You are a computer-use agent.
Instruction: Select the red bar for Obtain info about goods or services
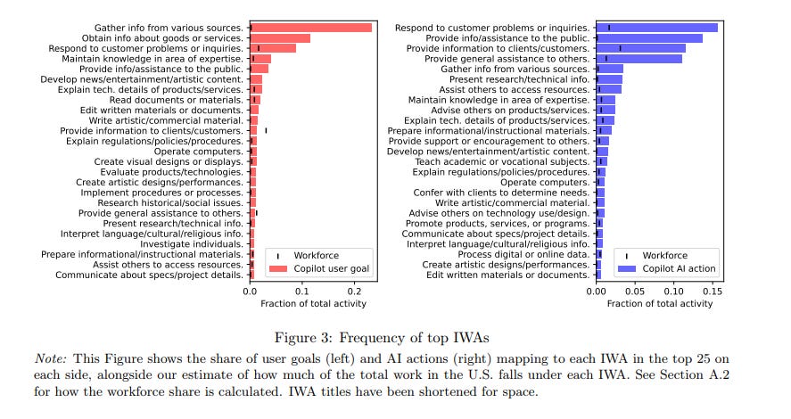point(280,38)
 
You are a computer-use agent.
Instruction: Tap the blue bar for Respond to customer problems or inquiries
point(656,28)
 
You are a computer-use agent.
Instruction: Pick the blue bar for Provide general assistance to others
point(639,59)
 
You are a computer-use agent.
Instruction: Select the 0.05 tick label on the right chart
point(634,291)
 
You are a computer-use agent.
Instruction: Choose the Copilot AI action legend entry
point(679,268)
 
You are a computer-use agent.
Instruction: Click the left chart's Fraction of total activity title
point(313,304)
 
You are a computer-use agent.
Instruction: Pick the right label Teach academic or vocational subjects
point(502,161)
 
